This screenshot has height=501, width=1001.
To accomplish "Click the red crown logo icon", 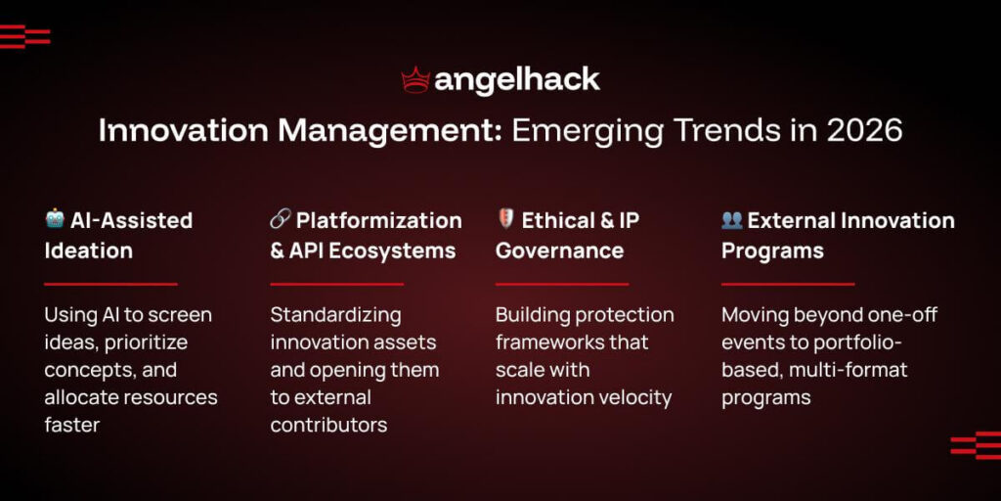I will click(x=416, y=80).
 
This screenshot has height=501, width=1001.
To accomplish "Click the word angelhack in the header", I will click(x=517, y=80).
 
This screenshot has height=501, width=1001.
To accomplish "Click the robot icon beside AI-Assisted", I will click(x=55, y=219).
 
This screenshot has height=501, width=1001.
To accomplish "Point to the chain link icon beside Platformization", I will click(x=280, y=219).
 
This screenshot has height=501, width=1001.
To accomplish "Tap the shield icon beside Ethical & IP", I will click(x=505, y=219).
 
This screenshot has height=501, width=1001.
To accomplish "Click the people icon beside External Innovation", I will click(x=732, y=219).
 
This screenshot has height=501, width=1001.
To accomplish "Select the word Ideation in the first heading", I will click(x=89, y=250).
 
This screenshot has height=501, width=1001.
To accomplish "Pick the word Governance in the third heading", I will click(x=559, y=250).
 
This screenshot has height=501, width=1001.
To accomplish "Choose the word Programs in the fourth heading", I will click(x=772, y=250).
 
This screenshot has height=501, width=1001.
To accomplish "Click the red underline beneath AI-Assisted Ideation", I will click(x=110, y=284).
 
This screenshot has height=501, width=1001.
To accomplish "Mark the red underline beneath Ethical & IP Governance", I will click(x=561, y=284).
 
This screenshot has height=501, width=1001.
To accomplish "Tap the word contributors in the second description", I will click(x=328, y=425).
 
